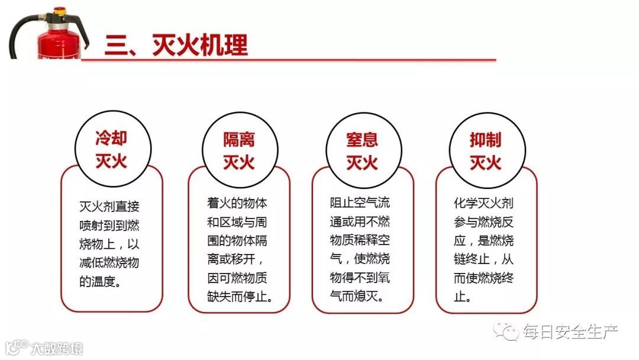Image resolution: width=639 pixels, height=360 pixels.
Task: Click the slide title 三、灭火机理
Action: [x=176, y=45]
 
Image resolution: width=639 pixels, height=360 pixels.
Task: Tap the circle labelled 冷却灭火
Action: [x=111, y=149]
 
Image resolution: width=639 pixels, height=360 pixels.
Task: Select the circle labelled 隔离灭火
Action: [x=239, y=149]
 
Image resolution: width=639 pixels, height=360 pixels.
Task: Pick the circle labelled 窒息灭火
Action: [x=362, y=149]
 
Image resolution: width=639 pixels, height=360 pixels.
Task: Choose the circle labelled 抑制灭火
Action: [x=485, y=149]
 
